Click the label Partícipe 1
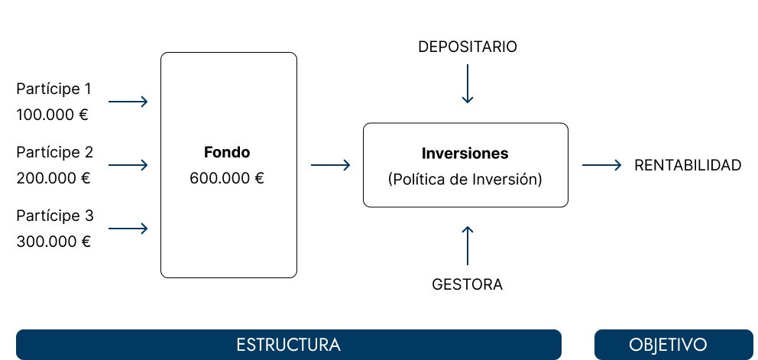coord(54,89)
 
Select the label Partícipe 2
coord(54,151)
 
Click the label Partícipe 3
coord(54,216)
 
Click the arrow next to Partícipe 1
coord(128,101)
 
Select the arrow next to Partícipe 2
coord(128,164)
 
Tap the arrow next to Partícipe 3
coord(128,229)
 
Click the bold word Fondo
coord(227,152)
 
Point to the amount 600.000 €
coord(227,179)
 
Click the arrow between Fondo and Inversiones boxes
coord(330,164)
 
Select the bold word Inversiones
coord(465,153)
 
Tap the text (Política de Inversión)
coord(465,180)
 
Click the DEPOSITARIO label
coord(468,47)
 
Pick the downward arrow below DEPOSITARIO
coord(468,84)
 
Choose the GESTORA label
coord(468,285)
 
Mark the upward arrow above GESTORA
coord(468,244)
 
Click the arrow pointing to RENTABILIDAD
coord(601,164)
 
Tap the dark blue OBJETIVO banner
coord(673,344)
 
